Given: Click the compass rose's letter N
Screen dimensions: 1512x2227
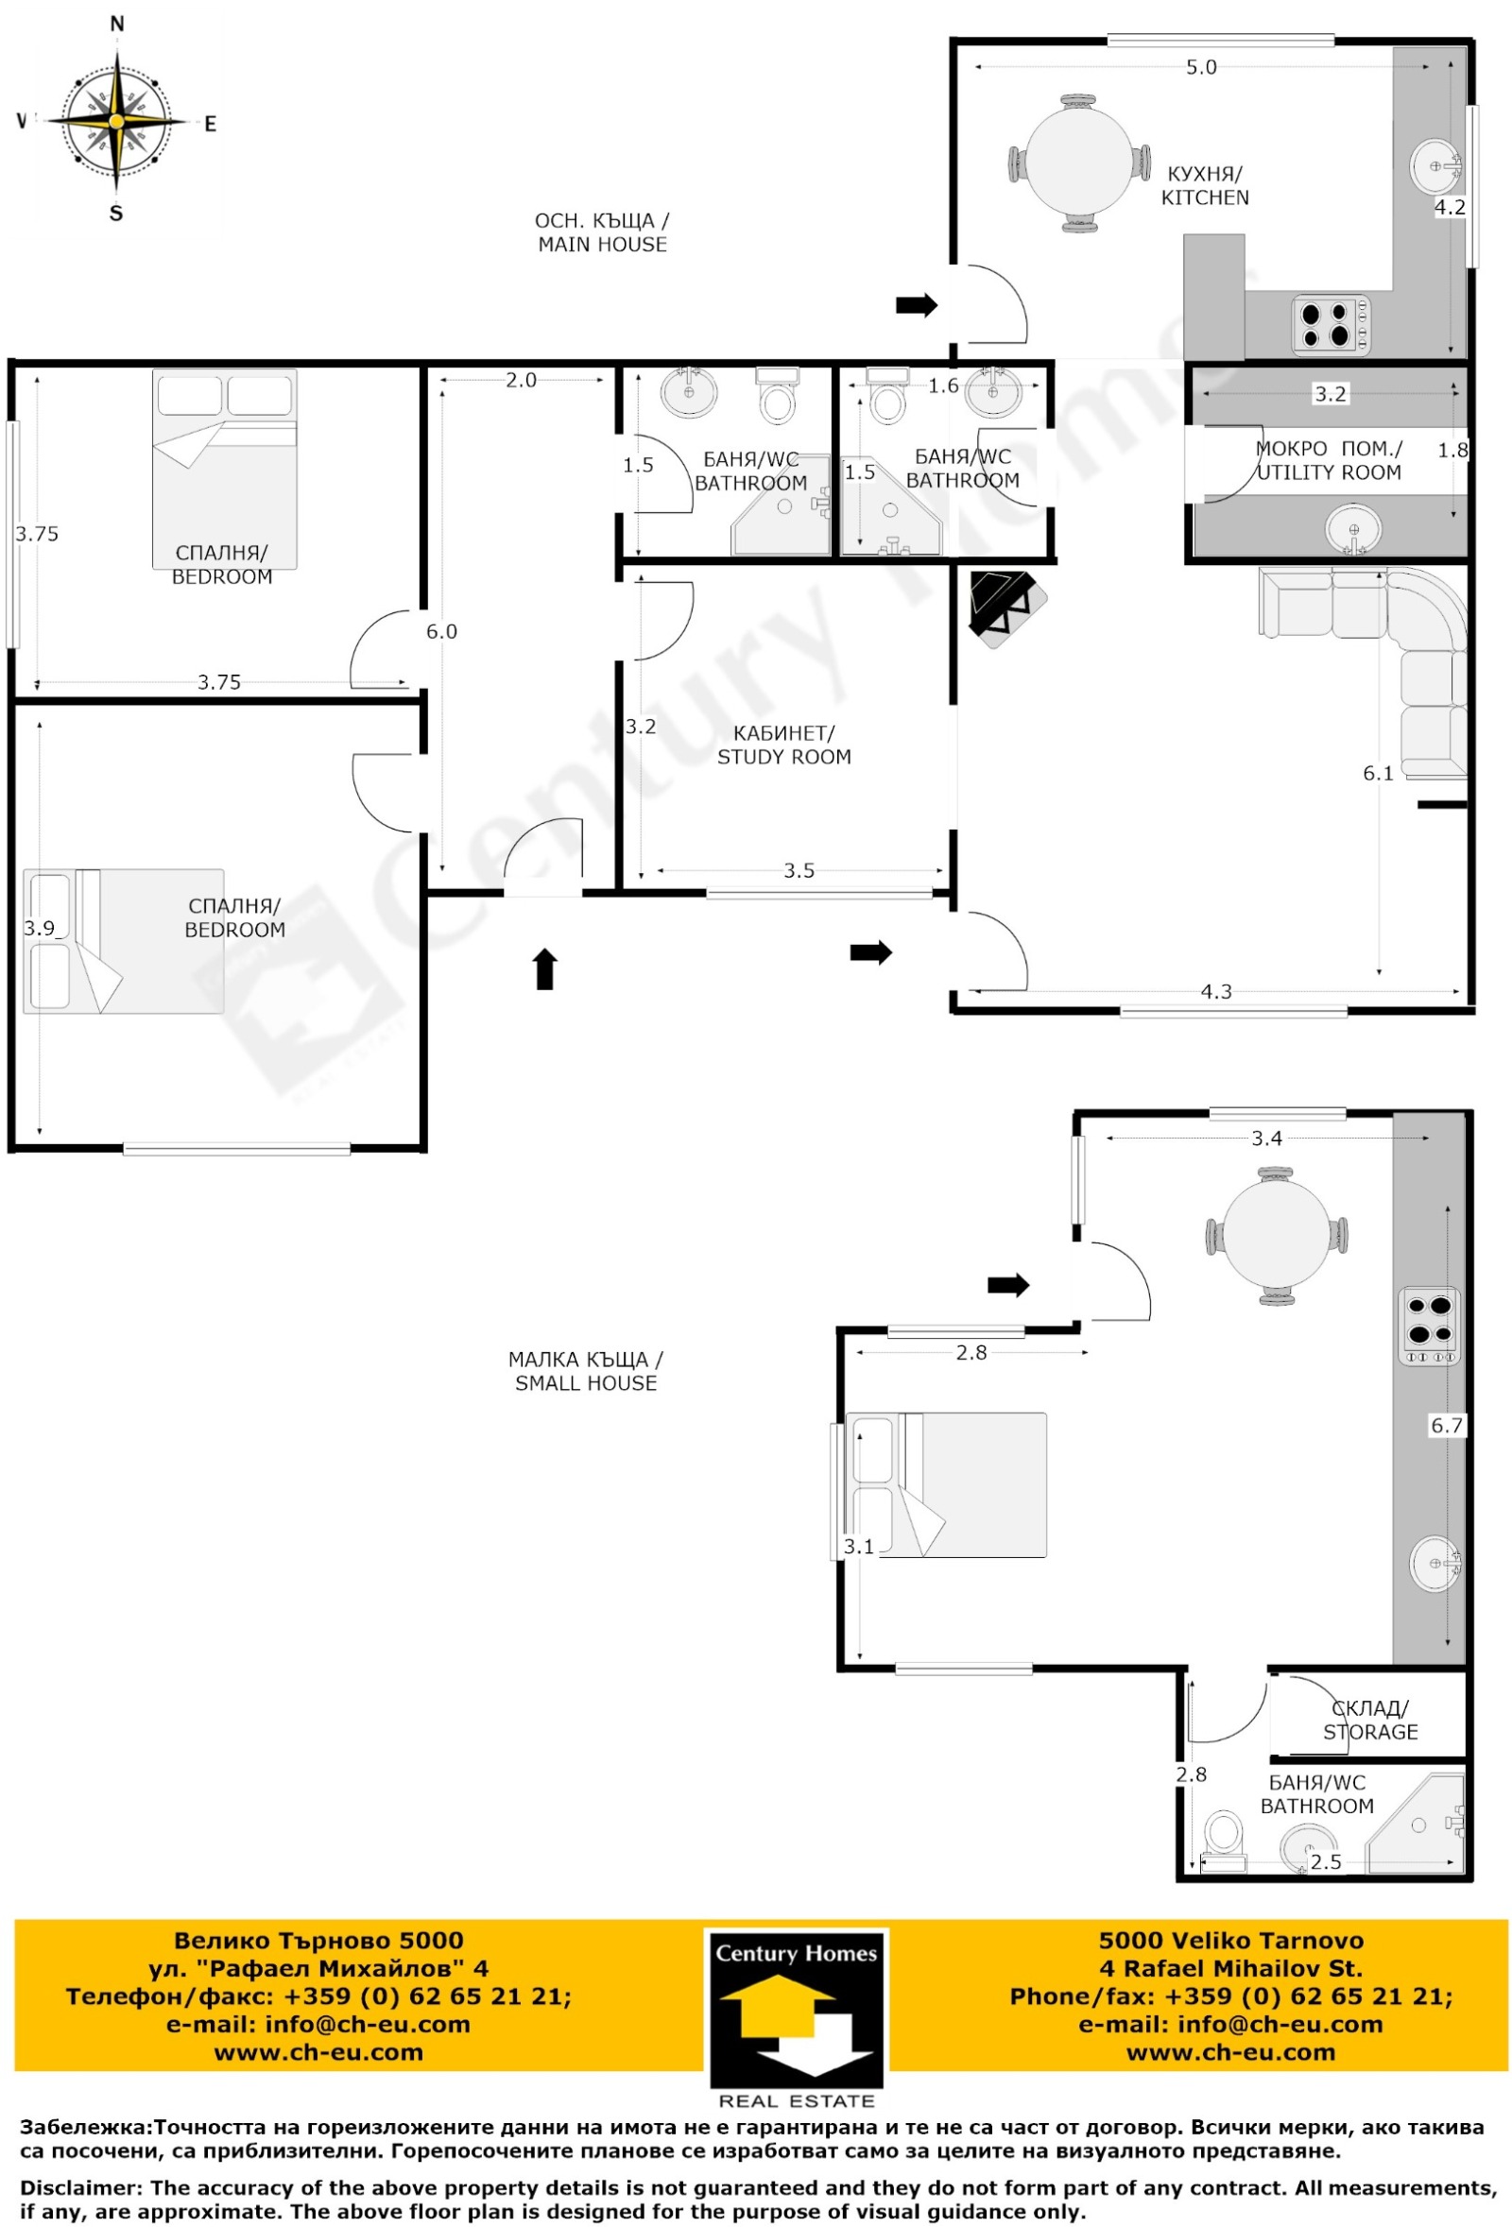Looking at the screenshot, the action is [117, 24].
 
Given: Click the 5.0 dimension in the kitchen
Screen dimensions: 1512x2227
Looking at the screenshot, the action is [1201, 67].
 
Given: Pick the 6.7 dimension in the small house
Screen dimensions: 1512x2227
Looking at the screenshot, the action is [1447, 1425].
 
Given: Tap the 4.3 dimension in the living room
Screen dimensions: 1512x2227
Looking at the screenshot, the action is [1216, 992].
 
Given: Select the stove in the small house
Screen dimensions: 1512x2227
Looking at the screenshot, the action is [1430, 1326].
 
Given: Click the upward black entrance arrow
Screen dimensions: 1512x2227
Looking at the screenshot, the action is [545, 968].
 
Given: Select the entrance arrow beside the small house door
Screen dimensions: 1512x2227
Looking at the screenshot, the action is [1008, 1285].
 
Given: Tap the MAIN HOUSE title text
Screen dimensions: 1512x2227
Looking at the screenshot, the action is [602, 231].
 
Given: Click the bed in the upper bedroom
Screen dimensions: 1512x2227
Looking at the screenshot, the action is [225, 470].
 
